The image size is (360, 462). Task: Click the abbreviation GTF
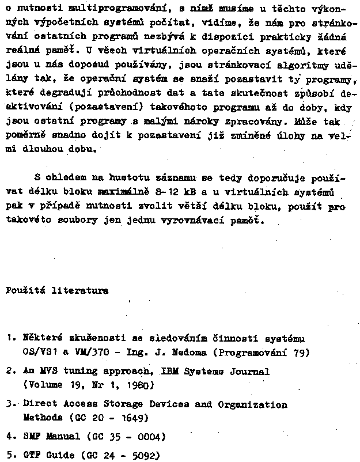pos(31,455)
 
